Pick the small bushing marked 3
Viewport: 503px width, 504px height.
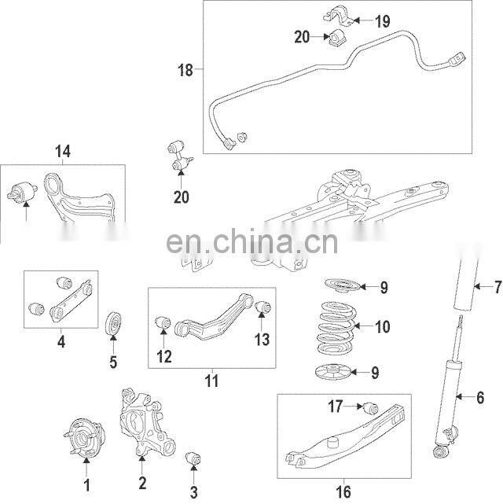click(x=193, y=458)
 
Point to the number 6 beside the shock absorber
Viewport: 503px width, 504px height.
click(x=480, y=398)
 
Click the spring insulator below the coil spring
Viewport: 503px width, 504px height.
click(x=336, y=372)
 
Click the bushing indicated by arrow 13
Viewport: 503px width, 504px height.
click(x=262, y=306)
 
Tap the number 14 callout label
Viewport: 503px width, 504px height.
click(x=62, y=151)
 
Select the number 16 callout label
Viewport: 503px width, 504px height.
click(x=343, y=492)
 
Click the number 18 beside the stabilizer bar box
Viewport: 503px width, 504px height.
click(x=185, y=71)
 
